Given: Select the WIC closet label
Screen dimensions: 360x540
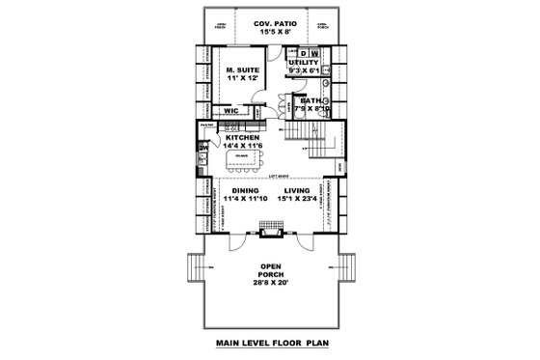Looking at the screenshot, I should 231,111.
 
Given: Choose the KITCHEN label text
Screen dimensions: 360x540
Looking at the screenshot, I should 243,137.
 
